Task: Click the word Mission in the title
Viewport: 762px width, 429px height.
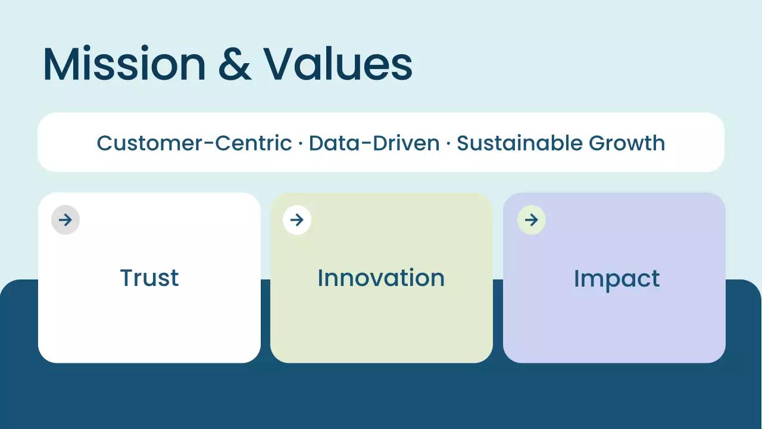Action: click(x=124, y=64)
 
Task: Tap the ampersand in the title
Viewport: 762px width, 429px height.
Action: click(x=235, y=64)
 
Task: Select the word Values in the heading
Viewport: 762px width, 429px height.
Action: click(x=338, y=64)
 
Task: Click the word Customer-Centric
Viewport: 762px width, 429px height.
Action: click(x=194, y=143)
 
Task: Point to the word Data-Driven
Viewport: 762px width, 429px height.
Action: click(x=374, y=143)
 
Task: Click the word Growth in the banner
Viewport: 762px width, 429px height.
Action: click(x=627, y=144)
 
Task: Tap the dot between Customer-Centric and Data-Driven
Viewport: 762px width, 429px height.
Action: click(x=300, y=144)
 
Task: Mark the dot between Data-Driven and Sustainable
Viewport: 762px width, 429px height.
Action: click(x=448, y=144)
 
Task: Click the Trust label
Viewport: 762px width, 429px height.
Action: click(x=149, y=278)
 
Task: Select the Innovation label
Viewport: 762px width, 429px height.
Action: click(x=381, y=278)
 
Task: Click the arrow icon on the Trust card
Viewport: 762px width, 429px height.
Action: click(x=65, y=220)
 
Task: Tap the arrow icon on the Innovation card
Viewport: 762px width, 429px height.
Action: click(x=297, y=220)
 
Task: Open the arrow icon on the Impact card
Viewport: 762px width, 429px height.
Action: click(x=532, y=220)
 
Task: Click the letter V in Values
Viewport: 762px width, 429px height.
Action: click(x=282, y=64)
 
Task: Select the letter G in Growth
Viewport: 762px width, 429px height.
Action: click(x=598, y=143)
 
